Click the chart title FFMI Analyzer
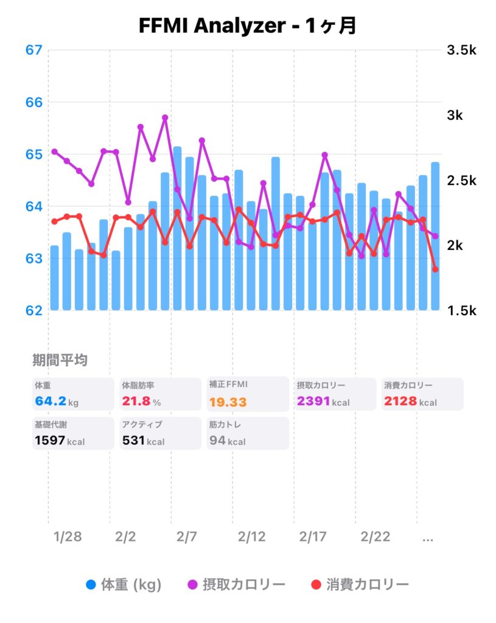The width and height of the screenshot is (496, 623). click(246, 26)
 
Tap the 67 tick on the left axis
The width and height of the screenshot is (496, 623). click(34, 50)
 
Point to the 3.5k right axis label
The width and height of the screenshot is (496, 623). click(461, 50)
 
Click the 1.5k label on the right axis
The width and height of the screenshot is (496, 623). click(461, 311)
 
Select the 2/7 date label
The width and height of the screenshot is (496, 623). click(187, 537)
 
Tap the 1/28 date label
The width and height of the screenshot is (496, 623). click(67, 537)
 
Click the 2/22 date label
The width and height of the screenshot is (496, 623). click(375, 537)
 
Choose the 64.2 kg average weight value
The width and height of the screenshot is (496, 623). click(56, 402)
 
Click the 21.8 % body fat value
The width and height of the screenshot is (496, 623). click(141, 402)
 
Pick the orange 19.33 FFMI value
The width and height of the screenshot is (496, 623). click(228, 402)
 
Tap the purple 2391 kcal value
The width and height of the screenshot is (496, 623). click(323, 402)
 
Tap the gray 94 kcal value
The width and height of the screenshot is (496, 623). click(227, 440)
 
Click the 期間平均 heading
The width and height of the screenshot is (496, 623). click(60, 360)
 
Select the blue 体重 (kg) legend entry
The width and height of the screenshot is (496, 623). click(124, 585)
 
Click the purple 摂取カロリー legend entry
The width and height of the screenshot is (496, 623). click(236, 585)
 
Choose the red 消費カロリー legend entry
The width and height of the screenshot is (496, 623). click(360, 585)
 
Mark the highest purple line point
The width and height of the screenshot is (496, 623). click(165, 117)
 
